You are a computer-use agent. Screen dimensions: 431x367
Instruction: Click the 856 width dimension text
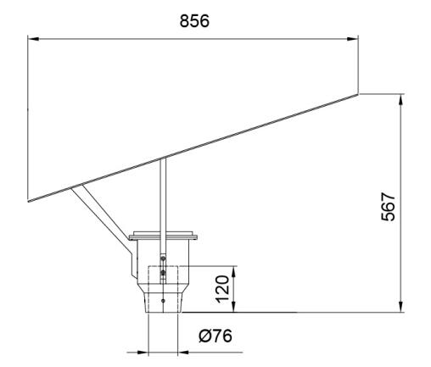194,21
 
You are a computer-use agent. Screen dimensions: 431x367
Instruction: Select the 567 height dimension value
388,207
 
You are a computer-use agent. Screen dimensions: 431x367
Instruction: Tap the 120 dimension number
222,289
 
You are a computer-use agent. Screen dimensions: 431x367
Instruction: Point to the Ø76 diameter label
215,336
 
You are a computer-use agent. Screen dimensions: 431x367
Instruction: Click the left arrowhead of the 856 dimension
33,39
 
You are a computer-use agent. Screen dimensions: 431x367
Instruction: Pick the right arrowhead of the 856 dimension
353,39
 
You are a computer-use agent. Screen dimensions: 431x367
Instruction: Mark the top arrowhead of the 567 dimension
400,99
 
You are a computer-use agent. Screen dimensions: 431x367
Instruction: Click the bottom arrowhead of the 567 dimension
400,307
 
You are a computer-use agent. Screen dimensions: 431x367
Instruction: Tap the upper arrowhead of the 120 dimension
233,271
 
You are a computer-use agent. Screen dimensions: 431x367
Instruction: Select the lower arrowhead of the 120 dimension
233,307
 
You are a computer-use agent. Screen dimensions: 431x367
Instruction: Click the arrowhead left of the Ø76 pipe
143,353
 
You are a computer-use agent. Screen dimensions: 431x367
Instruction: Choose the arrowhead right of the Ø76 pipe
183,353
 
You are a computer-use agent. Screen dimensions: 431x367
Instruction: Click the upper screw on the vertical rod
163,259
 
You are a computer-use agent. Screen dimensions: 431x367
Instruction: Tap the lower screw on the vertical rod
163,273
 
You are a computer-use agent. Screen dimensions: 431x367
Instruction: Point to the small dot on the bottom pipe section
163,301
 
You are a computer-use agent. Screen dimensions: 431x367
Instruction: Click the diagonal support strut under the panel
99,213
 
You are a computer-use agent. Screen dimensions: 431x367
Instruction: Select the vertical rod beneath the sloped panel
163,219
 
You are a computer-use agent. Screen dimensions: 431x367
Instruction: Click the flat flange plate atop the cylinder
163,236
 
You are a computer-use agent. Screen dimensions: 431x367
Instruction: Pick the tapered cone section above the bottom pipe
163,288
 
